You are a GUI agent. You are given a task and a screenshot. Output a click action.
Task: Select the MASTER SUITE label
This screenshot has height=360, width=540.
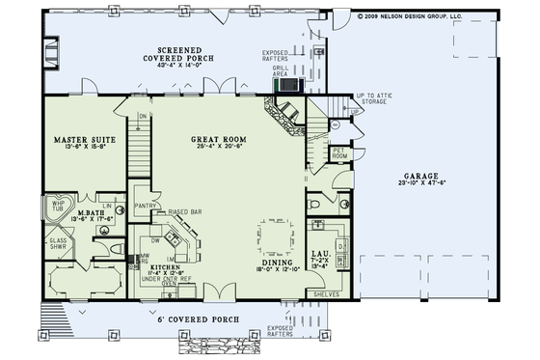pyautogui.click(x=78, y=139)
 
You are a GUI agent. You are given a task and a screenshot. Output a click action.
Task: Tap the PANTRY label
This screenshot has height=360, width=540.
pyautogui.click(x=146, y=205)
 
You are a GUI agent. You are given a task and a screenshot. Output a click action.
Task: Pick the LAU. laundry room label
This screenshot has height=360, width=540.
pyautogui.click(x=321, y=256)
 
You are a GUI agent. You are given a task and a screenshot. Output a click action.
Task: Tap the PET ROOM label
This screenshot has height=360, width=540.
pyautogui.click(x=338, y=152)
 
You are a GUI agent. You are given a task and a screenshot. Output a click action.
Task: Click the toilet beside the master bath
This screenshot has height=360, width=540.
pyautogui.click(x=117, y=248)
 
